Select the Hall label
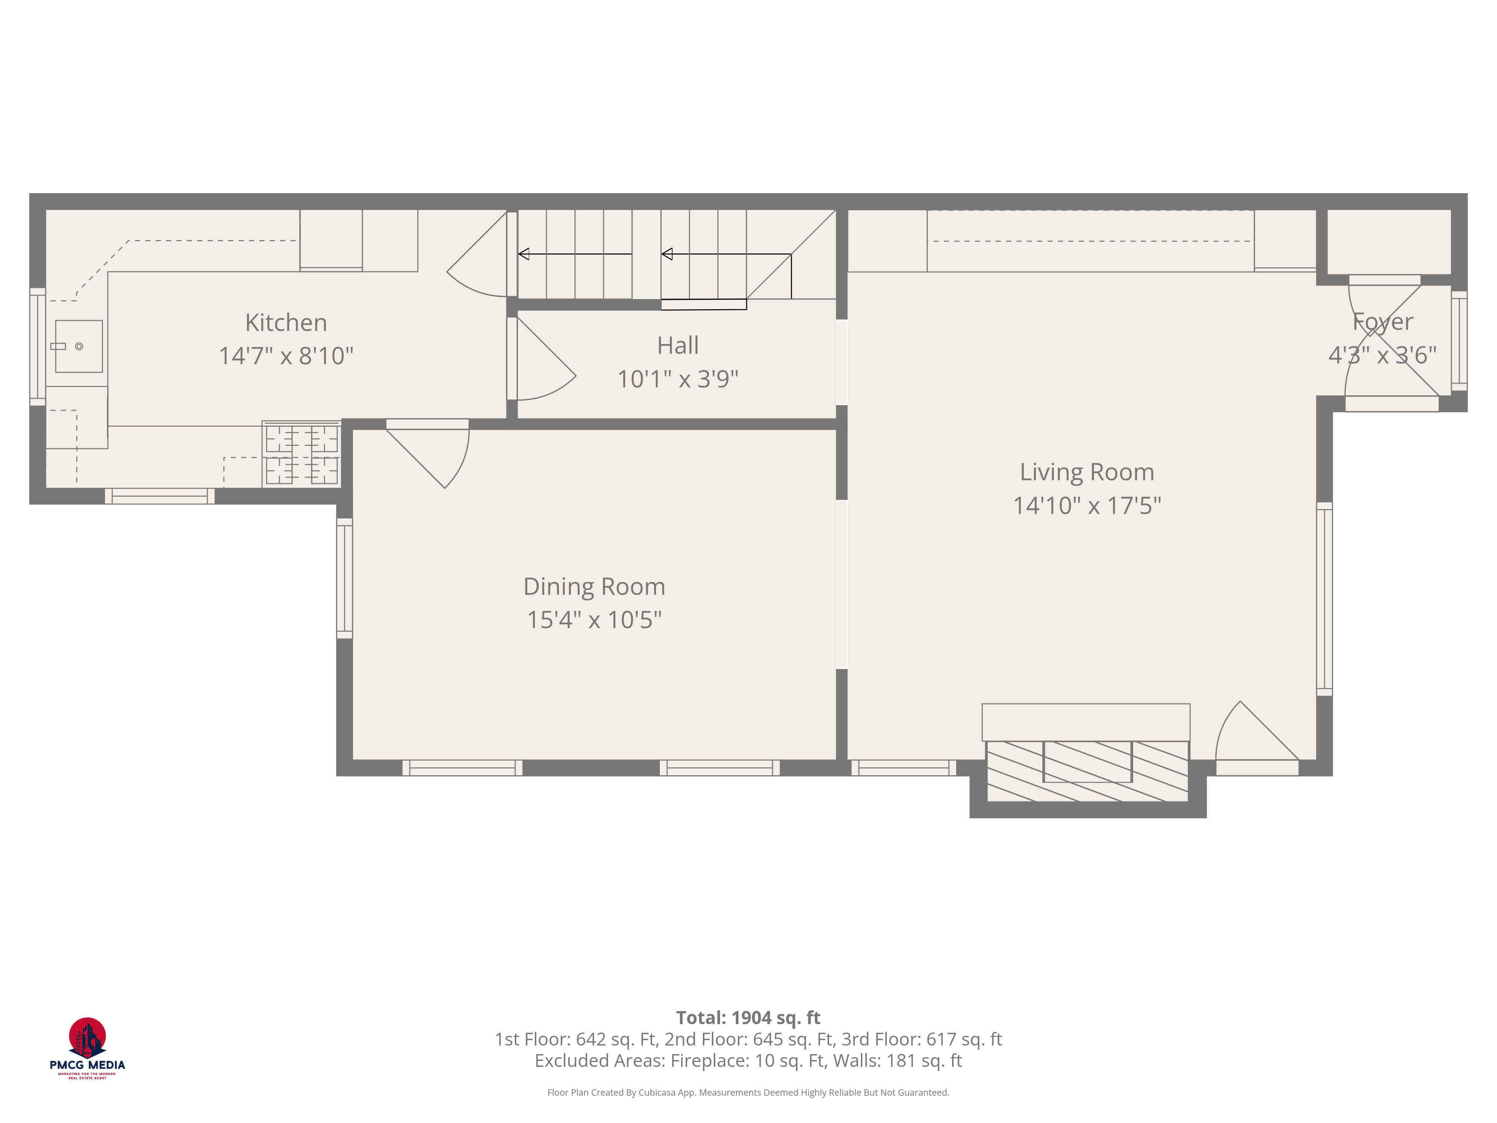pyautogui.click(x=677, y=346)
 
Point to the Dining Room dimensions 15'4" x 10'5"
pyautogui.click(x=594, y=620)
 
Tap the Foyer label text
pyautogui.click(x=1382, y=322)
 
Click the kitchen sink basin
pyautogui.click(x=79, y=347)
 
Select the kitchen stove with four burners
pyautogui.click(x=302, y=454)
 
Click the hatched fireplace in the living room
pyautogui.click(x=1087, y=771)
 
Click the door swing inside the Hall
pyautogui.click(x=542, y=365)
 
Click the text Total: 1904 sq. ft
pyautogui.click(x=748, y=1017)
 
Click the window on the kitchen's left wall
pyautogui.click(x=37, y=347)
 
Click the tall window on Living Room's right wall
pyautogui.click(x=1324, y=599)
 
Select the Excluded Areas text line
pyautogui.click(x=748, y=1061)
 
